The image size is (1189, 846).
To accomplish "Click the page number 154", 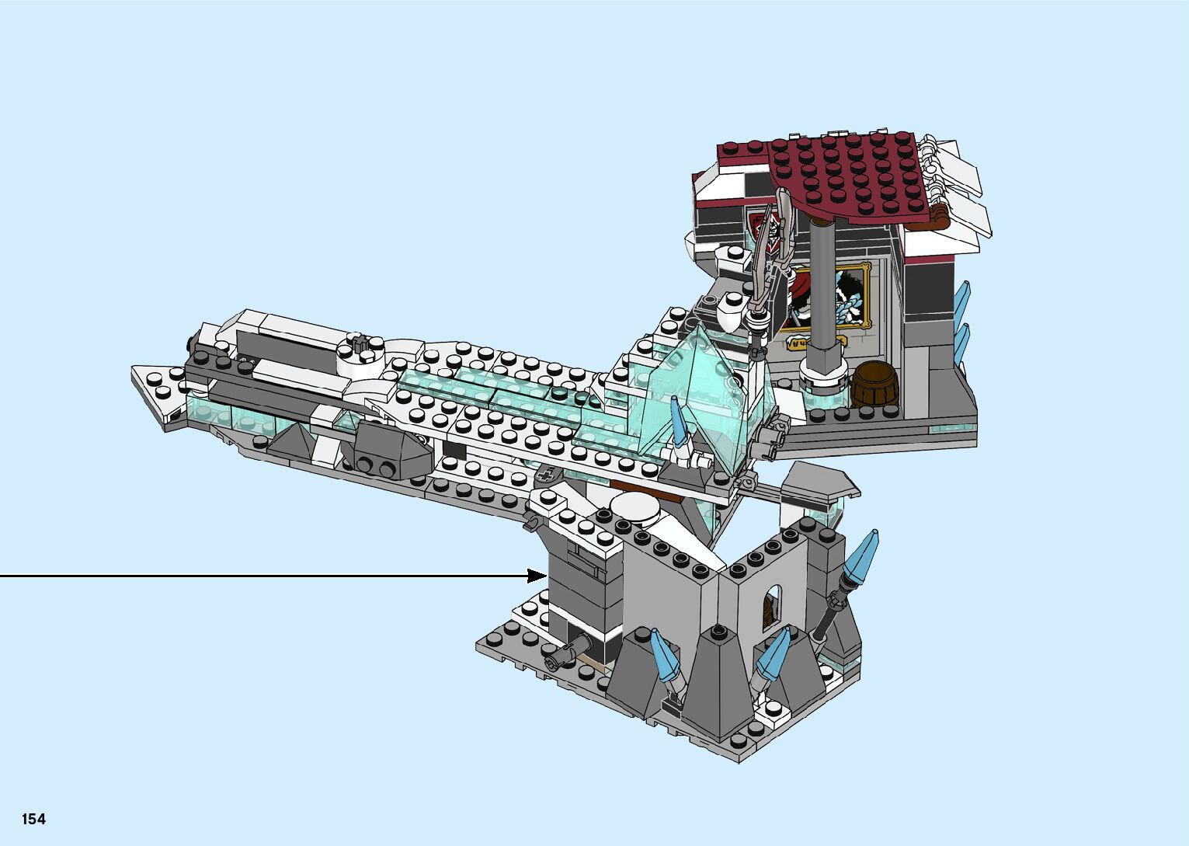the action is (33, 819).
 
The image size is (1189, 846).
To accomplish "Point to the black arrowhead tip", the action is (546, 576).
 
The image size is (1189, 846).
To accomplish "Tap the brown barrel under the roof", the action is (874, 384).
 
